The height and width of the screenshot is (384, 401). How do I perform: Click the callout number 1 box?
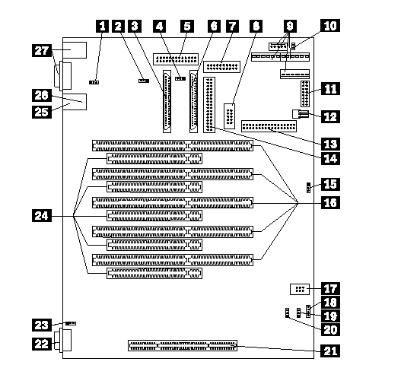102,27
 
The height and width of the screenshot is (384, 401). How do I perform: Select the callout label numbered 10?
330,26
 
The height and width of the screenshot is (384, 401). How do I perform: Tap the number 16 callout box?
330,202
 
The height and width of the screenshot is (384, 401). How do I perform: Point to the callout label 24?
42,216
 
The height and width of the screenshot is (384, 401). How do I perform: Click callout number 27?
42,51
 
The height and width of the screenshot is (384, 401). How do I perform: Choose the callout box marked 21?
330,351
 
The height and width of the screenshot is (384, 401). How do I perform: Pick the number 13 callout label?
330,144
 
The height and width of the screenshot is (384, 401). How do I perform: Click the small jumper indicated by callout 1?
94,83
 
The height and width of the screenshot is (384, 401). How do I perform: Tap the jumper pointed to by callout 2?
144,81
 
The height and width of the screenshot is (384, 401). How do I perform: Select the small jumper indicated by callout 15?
308,188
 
